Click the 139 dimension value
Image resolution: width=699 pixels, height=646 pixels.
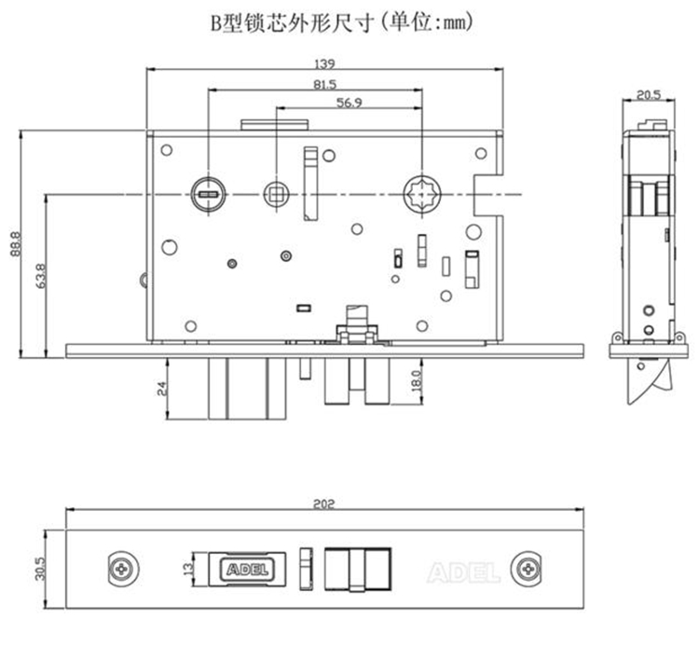click(x=324, y=63)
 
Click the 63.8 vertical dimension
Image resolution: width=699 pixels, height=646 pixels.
click(x=40, y=276)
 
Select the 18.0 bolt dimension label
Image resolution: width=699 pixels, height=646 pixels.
click(x=417, y=381)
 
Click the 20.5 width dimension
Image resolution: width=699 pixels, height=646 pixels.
click(x=649, y=93)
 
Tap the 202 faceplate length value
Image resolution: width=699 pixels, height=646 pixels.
click(x=324, y=503)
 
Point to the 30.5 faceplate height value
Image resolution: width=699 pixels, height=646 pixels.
click(x=39, y=567)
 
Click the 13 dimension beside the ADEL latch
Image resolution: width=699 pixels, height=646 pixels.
click(x=185, y=567)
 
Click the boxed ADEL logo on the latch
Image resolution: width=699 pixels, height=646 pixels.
click(x=244, y=568)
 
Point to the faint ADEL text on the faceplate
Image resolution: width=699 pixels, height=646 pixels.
click(x=462, y=570)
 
